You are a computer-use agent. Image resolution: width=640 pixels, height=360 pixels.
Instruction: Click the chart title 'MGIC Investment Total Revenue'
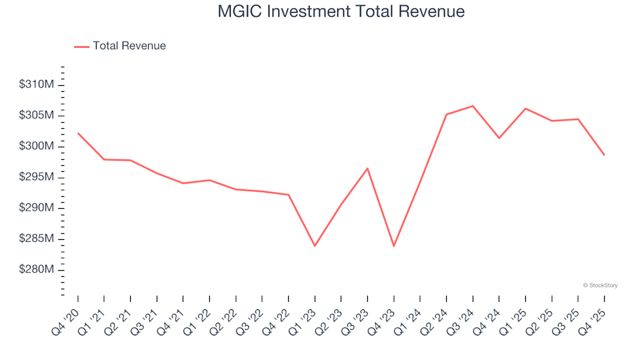341,12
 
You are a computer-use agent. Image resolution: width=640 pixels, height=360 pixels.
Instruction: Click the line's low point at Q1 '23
315,246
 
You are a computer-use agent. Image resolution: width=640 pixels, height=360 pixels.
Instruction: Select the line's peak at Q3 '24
473,106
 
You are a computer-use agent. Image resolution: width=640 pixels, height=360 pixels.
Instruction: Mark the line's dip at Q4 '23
393,246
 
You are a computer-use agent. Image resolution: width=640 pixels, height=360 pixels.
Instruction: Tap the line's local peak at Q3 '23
367,168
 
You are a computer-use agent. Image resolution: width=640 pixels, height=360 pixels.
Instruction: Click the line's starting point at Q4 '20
78,133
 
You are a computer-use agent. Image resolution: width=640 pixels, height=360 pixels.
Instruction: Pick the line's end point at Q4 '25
604,155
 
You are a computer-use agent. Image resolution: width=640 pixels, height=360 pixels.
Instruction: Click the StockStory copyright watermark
600,285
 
